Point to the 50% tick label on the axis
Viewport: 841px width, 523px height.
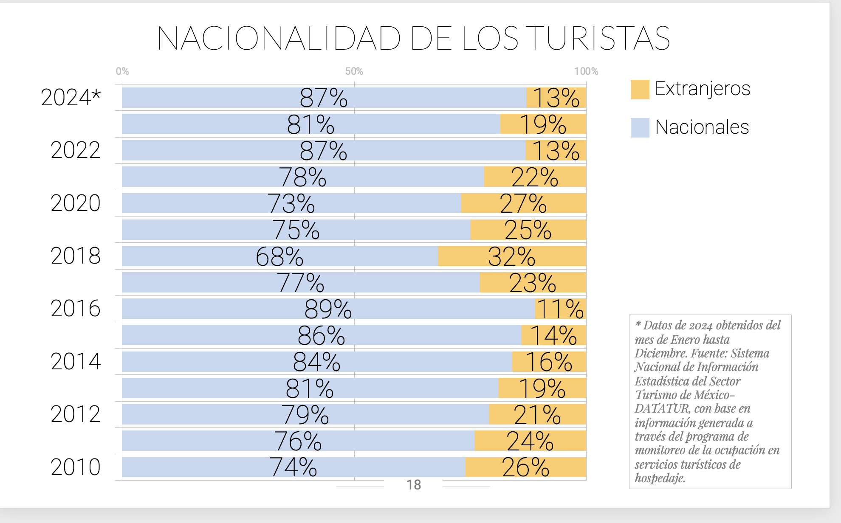pos(354,71)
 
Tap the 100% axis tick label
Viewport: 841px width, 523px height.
pos(586,71)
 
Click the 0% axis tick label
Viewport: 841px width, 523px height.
pos(122,71)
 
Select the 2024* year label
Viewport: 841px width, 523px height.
pos(71,97)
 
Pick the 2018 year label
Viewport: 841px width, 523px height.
pos(76,256)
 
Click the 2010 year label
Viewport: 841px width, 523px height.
pos(76,467)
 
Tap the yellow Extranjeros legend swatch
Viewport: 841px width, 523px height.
pos(640,89)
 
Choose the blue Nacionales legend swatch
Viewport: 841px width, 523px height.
pos(640,128)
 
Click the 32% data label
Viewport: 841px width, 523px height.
pos(511,256)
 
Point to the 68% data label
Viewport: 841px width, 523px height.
pos(279,256)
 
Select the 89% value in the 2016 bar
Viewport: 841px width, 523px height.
pos(328,309)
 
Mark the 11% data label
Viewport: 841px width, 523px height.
pos(560,309)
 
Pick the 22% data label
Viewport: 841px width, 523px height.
pos(534,177)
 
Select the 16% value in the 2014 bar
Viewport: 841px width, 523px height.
pos(549,362)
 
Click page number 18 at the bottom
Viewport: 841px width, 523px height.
pos(414,485)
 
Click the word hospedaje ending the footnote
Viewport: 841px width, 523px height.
pos(660,478)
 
